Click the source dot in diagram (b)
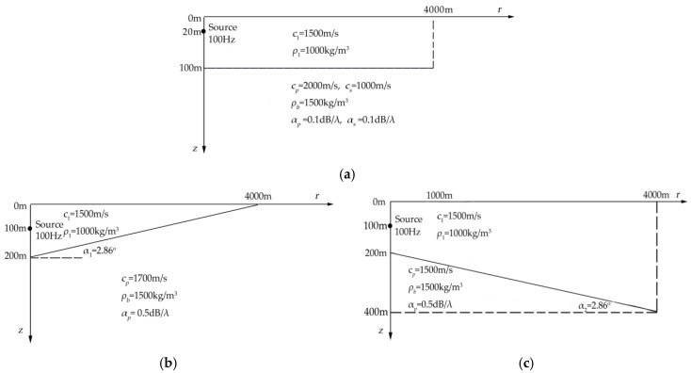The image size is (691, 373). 31,227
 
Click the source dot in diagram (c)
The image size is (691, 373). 389,226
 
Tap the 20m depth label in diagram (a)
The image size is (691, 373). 192,32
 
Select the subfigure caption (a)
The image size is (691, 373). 345,172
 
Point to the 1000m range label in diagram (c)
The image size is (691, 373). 440,195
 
